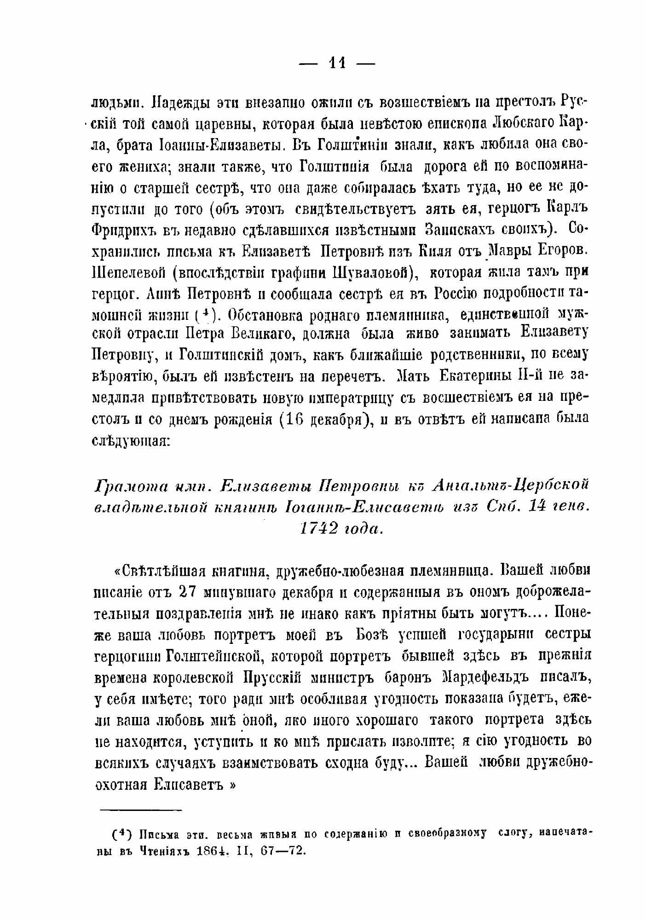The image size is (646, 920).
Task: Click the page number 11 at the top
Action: coord(337,63)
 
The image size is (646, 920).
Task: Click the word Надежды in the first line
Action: coord(177,102)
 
